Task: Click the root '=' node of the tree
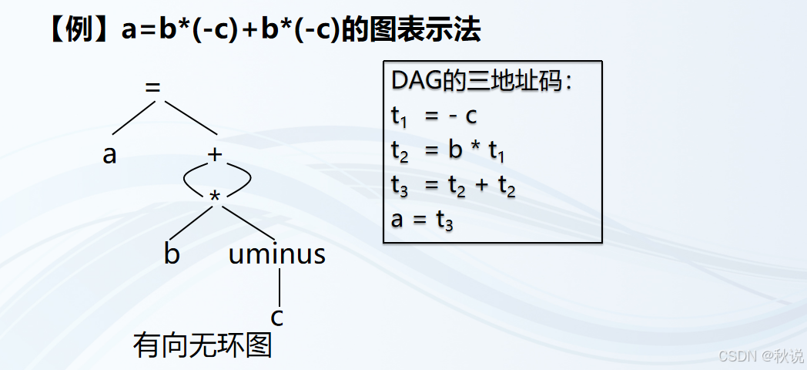click(x=153, y=87)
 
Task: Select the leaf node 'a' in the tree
click(x=109, y=155)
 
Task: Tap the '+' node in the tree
click(x=215, y=154)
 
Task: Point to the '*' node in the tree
click(x=215, y=199)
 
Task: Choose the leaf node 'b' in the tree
click(x=172, y=254)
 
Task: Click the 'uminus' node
click(x=277, y=254)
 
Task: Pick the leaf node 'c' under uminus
click(x=279, y=317)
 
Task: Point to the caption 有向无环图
click(x=203, y=345)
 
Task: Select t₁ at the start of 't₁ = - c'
click(x=398, y=116)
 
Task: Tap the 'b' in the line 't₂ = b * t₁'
click(x=456, y=150)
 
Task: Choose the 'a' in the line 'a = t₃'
click(x=397, y=220)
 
